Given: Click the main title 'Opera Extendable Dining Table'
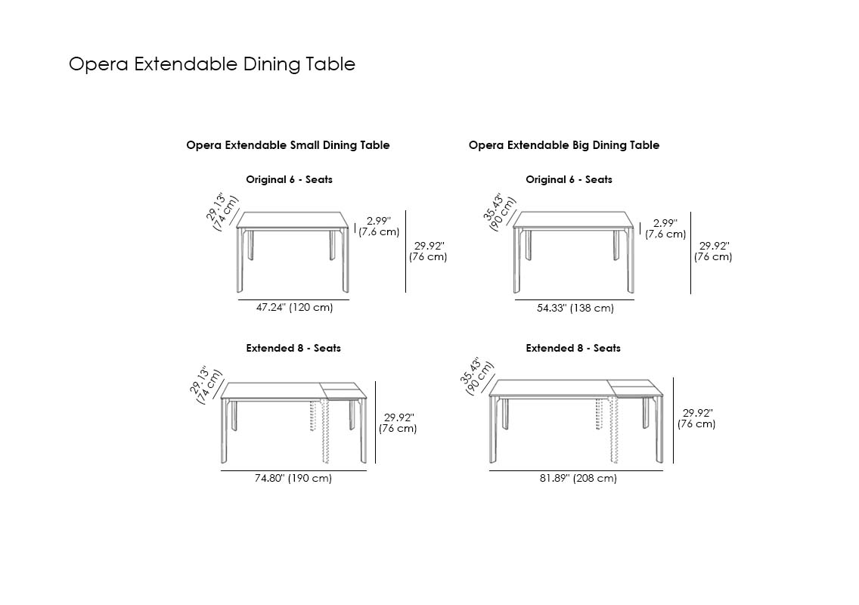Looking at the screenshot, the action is tap(212, 64).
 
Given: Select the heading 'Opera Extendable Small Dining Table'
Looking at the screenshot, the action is tap(288, 145).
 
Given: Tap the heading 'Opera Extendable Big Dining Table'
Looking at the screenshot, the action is tap(564, 145).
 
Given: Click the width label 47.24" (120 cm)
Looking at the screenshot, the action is tap(295, 308).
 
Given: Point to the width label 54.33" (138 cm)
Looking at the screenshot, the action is tap(575, 308).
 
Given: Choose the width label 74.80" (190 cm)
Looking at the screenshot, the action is tap(293, 479).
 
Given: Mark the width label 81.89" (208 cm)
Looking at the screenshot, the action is tap(578, 479).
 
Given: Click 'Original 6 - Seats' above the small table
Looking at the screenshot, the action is tap(290, 180).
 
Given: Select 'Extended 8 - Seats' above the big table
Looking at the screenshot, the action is tap(573, 349).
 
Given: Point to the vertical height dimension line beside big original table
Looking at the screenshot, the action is tap(691, 253).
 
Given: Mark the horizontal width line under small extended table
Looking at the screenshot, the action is tap(293, 470).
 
